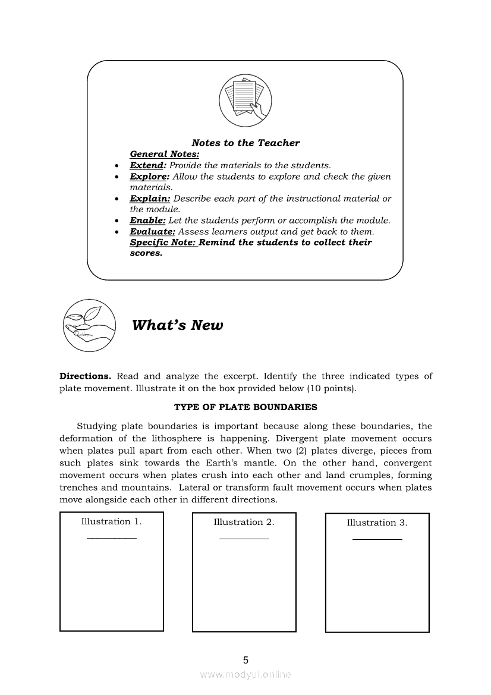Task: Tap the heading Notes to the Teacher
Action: click(x=245, y=143)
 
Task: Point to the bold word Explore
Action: click(x=149, y=177)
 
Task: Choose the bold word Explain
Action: click(x=150, y=199)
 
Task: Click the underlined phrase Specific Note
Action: click(x=163, y=243)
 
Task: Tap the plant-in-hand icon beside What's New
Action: click(x=89, y=325)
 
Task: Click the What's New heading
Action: click(x=177, y=325)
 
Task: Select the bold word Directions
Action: click(x=85, y=376)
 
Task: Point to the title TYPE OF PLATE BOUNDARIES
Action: click(x=245, y=407)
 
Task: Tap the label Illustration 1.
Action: click(x=111, y=521)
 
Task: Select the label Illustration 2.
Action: click(x=244, y=522)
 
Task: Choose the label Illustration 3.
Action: click(x=377, y=523)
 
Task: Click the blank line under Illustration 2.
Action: click(x=244, y=538)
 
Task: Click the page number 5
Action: click(x=245, y=659)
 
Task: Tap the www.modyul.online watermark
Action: click(x=245, y=674)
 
